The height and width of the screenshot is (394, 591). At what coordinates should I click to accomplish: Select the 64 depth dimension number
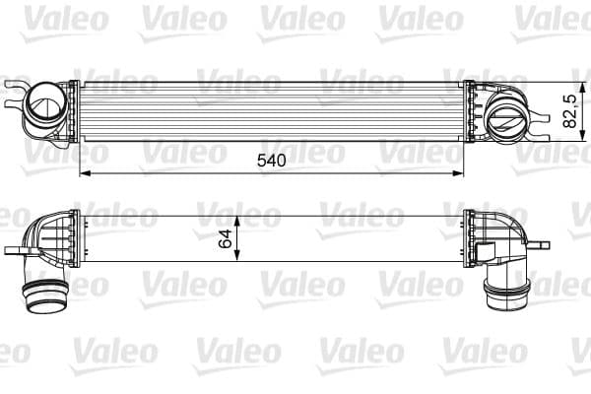tap(226, 238)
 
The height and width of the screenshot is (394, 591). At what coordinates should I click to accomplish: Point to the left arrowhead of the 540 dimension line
tap(83, 173)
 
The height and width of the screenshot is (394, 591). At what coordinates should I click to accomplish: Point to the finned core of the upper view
tap(271, 110)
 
